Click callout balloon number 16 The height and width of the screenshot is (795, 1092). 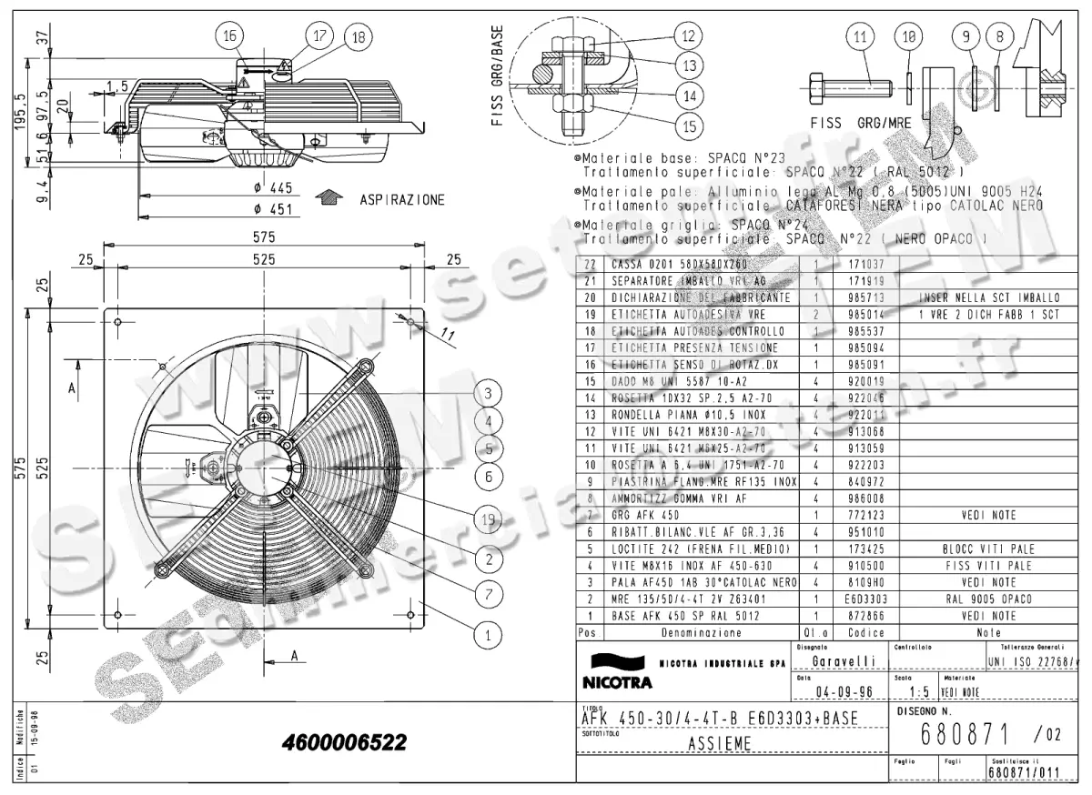228,35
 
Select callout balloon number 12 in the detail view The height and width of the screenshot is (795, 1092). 688,36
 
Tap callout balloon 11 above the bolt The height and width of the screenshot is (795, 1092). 858,37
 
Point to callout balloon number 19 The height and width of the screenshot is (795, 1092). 489,519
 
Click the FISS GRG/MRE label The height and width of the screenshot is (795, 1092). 859,123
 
